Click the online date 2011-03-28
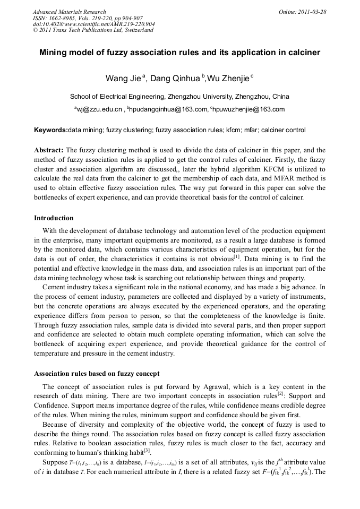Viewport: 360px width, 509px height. coord(314,12)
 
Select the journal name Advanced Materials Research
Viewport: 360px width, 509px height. coord(70,12)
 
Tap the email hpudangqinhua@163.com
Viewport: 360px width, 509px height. coord(168,109)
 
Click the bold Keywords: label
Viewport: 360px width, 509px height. coord(51,130)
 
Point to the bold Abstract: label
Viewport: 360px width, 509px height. coord(49,150)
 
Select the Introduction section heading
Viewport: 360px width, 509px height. coord(54,218)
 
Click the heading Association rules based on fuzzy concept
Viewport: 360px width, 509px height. coord(97,374)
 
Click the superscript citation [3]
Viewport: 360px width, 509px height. coord(147,451)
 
